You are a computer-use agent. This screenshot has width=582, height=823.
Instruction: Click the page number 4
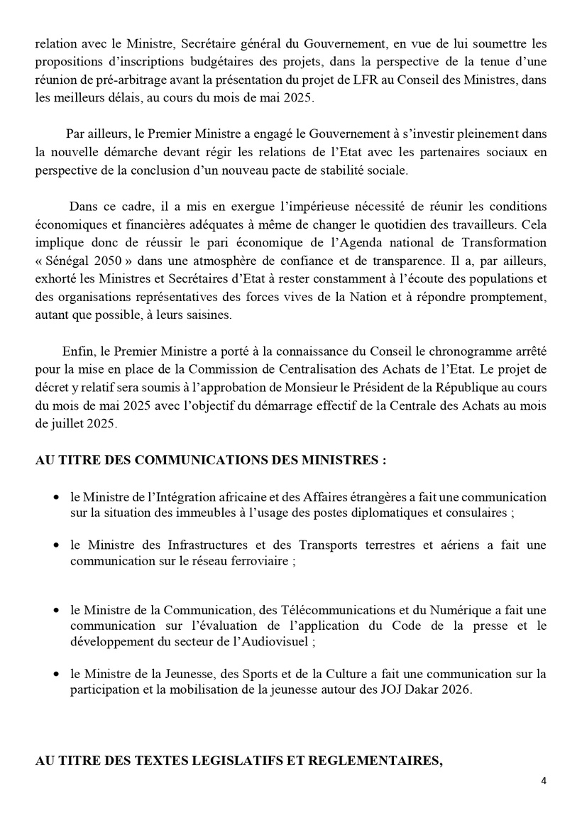pos(544,781)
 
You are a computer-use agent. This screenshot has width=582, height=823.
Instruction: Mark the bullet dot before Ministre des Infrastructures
pos(56,545)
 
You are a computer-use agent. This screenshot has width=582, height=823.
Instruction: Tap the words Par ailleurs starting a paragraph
pos(91,133)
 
